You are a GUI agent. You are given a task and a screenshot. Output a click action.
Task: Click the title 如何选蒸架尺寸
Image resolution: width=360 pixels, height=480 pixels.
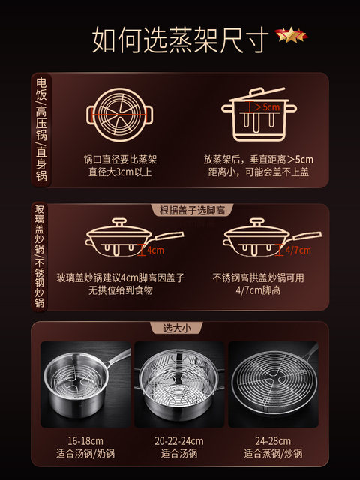coord(181,40)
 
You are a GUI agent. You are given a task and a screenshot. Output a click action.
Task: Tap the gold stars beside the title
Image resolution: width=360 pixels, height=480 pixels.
coord(291,34)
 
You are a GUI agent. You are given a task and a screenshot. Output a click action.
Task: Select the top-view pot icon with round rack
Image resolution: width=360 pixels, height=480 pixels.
coord(120,115)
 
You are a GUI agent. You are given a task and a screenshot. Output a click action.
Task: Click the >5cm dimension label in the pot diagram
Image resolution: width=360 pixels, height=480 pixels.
coord(267,107)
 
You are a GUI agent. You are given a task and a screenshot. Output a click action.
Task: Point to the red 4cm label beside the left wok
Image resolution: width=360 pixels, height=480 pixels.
coord(155,250)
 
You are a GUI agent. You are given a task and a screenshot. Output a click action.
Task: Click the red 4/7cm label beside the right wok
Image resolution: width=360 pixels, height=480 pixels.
coord(298,250)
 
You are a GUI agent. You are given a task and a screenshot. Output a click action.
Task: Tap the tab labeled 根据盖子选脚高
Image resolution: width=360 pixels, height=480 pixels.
coord(192,210)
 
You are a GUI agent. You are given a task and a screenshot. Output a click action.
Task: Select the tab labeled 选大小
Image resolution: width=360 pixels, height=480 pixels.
coord(177,328)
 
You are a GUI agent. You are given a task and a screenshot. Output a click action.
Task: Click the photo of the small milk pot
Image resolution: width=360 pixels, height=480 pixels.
coord(86,384)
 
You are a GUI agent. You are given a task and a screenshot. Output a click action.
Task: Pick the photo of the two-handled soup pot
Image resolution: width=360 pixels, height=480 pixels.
coord(179,384)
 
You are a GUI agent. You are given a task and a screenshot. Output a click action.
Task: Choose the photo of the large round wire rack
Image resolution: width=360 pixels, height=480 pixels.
coord(273,384)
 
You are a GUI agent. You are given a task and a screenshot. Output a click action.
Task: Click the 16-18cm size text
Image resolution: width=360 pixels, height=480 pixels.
coord(85,441)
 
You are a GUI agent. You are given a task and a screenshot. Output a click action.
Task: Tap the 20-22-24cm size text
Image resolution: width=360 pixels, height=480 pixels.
coord(179,441)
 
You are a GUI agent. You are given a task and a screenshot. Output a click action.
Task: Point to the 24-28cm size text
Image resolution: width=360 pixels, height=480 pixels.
coord(273,441)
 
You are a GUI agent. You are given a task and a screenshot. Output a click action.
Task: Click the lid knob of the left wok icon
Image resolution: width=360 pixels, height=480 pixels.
coord(119,222)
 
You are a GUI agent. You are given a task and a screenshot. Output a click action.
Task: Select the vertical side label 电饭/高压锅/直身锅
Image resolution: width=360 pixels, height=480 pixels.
coord(41,130)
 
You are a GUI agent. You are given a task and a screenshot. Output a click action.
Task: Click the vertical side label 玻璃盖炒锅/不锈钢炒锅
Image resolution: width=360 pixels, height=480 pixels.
coord(40,256)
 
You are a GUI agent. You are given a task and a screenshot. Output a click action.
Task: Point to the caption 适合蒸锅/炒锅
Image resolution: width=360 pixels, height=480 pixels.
coord(273,453)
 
